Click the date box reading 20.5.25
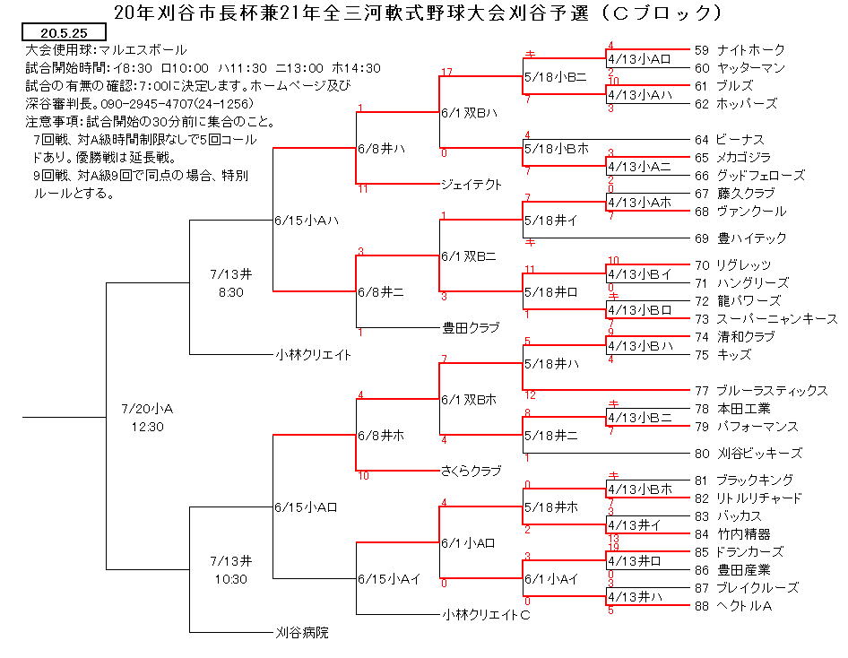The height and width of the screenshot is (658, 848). tap(64, 32)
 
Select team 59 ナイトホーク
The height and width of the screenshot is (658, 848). tap(740, 50)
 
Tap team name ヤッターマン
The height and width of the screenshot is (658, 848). tap(750, 68)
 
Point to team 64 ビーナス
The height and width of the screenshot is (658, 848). tap(730, 140)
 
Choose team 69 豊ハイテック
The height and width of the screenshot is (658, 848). tap(740, 238)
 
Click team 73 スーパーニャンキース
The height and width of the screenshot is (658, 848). tap(766, 319)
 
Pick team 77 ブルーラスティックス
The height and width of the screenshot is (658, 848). tap(761, 390)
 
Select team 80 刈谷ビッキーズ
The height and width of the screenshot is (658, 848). tap(748, 453)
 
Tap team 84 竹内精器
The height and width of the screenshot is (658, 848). tap(732, 534)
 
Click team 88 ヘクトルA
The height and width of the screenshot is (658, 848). tap(732, 606)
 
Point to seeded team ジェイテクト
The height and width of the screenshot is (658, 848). tap(471, 185)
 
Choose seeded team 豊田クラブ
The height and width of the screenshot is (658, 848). tap(471, 327)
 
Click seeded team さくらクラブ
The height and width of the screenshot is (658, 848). tap(471, 471)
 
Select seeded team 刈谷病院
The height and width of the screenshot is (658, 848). tap(302, 632)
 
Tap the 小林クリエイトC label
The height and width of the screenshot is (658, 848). tap(486, 615)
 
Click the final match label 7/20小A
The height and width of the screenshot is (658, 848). tap(147, 409)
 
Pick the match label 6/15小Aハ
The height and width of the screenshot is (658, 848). tap(307, 221)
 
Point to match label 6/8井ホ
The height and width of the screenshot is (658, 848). tap(381, 436)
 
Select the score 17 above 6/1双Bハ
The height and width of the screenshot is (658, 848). tap(446, 72)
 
